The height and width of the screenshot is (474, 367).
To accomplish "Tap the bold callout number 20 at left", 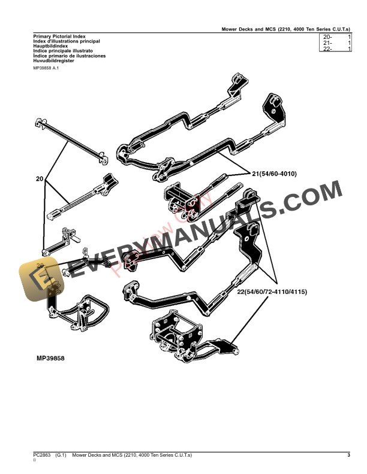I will point(40,179).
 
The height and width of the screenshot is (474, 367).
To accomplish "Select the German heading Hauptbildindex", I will point(50,46).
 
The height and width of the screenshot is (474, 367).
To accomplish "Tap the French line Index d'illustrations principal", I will point(67,41).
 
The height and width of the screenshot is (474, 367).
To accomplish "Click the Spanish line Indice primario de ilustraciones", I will point(69,56).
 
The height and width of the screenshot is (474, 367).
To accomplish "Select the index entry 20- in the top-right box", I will point(327,37).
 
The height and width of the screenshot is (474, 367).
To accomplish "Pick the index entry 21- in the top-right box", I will point(327,43).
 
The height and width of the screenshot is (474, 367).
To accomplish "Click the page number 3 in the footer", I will point(348,457).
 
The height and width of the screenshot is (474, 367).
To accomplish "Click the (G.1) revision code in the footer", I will point(62,457).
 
